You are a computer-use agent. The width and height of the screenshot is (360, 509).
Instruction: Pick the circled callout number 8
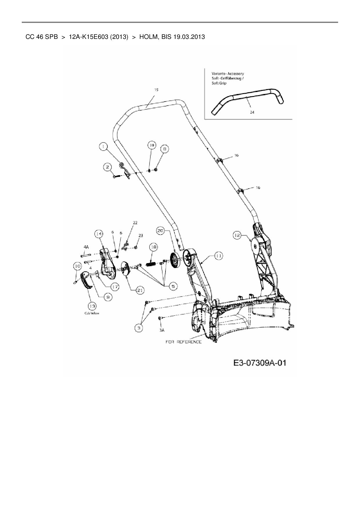click(x=165, y=149)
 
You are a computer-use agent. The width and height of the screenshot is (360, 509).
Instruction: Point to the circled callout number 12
click(x=237, y=235)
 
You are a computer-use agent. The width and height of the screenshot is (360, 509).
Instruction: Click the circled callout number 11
click(x=218, y=255)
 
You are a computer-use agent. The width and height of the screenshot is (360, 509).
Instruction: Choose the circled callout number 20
click(x=161, y=231)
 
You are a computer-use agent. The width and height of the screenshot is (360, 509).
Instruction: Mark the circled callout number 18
click(x=153, y=247)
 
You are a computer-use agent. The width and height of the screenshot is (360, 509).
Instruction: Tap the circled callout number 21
click(x=140, y=290)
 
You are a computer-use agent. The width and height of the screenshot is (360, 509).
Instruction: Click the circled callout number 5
click(x=173, y=286)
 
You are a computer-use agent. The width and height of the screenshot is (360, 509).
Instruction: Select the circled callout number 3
click(x=139, y=328)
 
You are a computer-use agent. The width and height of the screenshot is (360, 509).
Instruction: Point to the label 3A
click(x=162, y=330)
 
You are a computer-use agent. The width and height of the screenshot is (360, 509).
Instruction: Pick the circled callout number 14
click(x=99, y=234)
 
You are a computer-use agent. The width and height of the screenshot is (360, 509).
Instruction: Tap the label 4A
click(x=86, y=247)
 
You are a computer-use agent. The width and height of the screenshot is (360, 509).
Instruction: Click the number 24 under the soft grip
click(x=252, y=112)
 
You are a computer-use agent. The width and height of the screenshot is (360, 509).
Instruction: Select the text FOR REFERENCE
click(x=183, y=342)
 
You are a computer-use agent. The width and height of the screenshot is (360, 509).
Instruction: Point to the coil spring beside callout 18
click(x=151, y=265)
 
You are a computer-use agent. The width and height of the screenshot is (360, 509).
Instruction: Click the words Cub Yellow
click(x=92, y=313)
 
